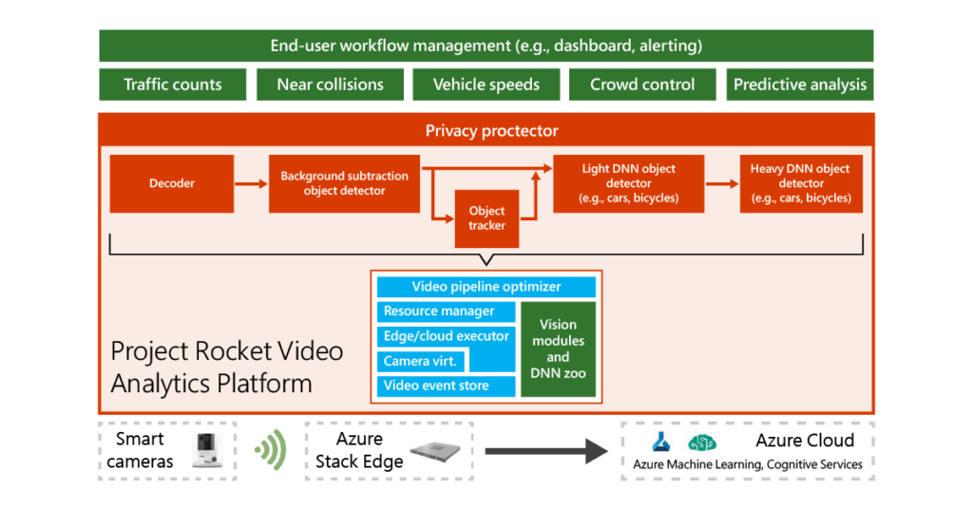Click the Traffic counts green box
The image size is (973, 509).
click(172, 85)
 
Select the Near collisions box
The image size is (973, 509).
click(330, 85)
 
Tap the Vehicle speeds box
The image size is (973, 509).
click(486, 85)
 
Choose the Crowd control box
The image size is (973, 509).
click(642, 85)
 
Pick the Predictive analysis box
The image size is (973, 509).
click(800, 85)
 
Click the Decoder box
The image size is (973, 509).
click(171, 183)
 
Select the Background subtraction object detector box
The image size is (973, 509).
click(344, 183)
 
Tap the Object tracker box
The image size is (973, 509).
click(486, 218)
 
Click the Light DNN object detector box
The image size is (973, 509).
click(628, 183)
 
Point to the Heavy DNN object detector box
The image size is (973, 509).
click(801, 183)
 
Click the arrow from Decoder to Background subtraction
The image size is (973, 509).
click(251, 183)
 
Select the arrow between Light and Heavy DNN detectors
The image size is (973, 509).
click(721, 183)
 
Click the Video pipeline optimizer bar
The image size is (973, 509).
click(486, 287)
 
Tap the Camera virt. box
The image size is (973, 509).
click(419, 361)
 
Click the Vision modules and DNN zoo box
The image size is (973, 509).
click(558, 349)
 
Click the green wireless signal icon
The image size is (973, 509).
click(270, 450)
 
